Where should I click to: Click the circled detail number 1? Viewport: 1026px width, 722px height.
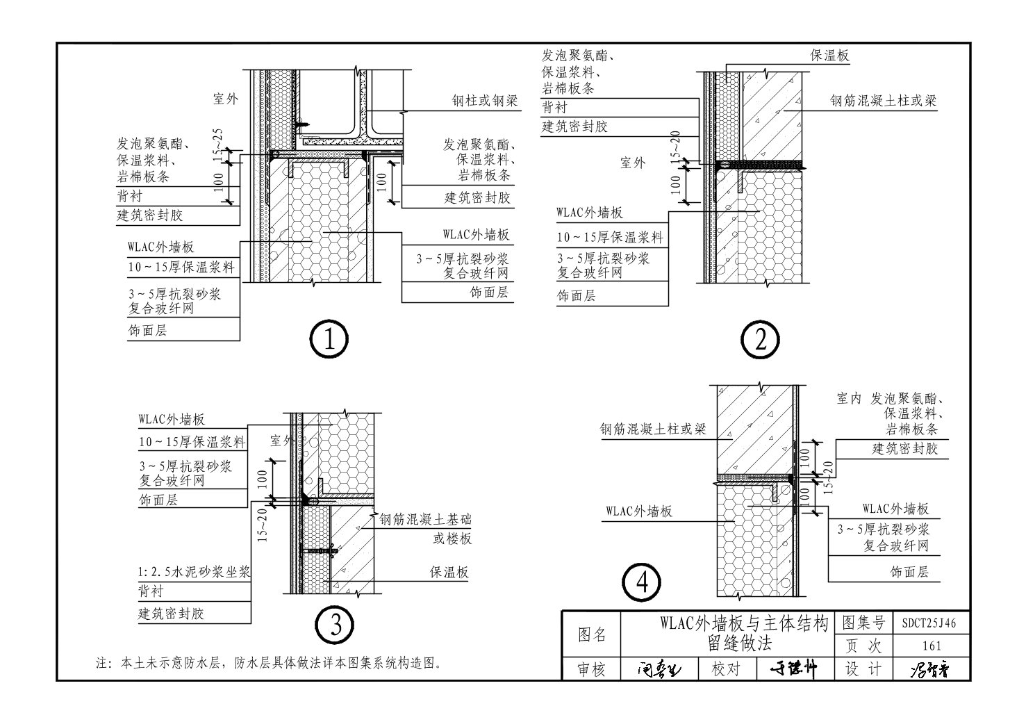click(328, 340)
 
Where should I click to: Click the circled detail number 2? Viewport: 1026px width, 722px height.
click(760, 340)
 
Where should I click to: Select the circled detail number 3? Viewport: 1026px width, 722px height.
click(336, 625)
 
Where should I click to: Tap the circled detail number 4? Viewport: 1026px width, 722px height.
click(642, 583)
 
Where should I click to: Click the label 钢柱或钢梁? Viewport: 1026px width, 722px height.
click(485, 101)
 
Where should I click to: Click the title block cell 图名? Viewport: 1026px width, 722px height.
click(592, 634)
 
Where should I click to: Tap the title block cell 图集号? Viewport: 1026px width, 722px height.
click(863, 623)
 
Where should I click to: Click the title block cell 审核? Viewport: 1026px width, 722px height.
click(592, 669)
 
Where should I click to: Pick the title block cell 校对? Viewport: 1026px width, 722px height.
click(725, 669)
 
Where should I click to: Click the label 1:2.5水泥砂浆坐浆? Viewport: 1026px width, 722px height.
click(194, 573)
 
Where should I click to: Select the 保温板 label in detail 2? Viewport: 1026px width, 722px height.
click(829, 56)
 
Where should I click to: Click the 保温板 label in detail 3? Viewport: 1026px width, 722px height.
click(449, 572)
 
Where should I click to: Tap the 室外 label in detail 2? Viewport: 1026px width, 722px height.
click(632, 163)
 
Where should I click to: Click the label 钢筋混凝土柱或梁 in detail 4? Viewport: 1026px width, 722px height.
click(653, 429)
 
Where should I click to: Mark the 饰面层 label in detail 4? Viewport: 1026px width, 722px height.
click(909, 572)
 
